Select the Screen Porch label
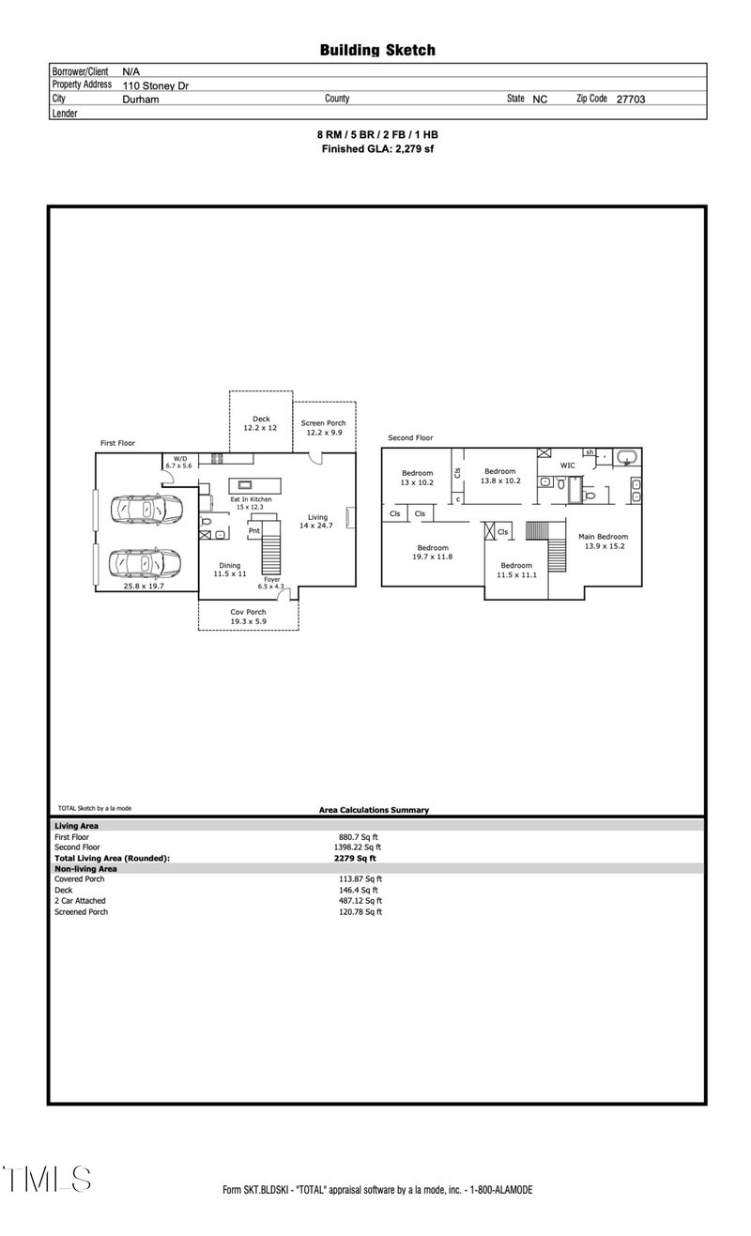(324, 423)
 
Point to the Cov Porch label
(249, 612)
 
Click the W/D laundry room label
(178, 458)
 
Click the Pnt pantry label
(253, 531)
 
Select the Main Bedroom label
(603, 536)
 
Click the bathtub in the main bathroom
(626, 458)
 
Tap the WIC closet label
(567, 465)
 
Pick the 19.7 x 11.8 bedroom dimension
(433, 557)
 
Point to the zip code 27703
(630, 99)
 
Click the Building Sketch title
(377, 51)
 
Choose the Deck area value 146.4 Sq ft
(358, 890)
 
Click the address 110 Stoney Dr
(156, 85)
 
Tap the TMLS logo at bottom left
(46, 1179)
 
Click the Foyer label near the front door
(271, 580)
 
